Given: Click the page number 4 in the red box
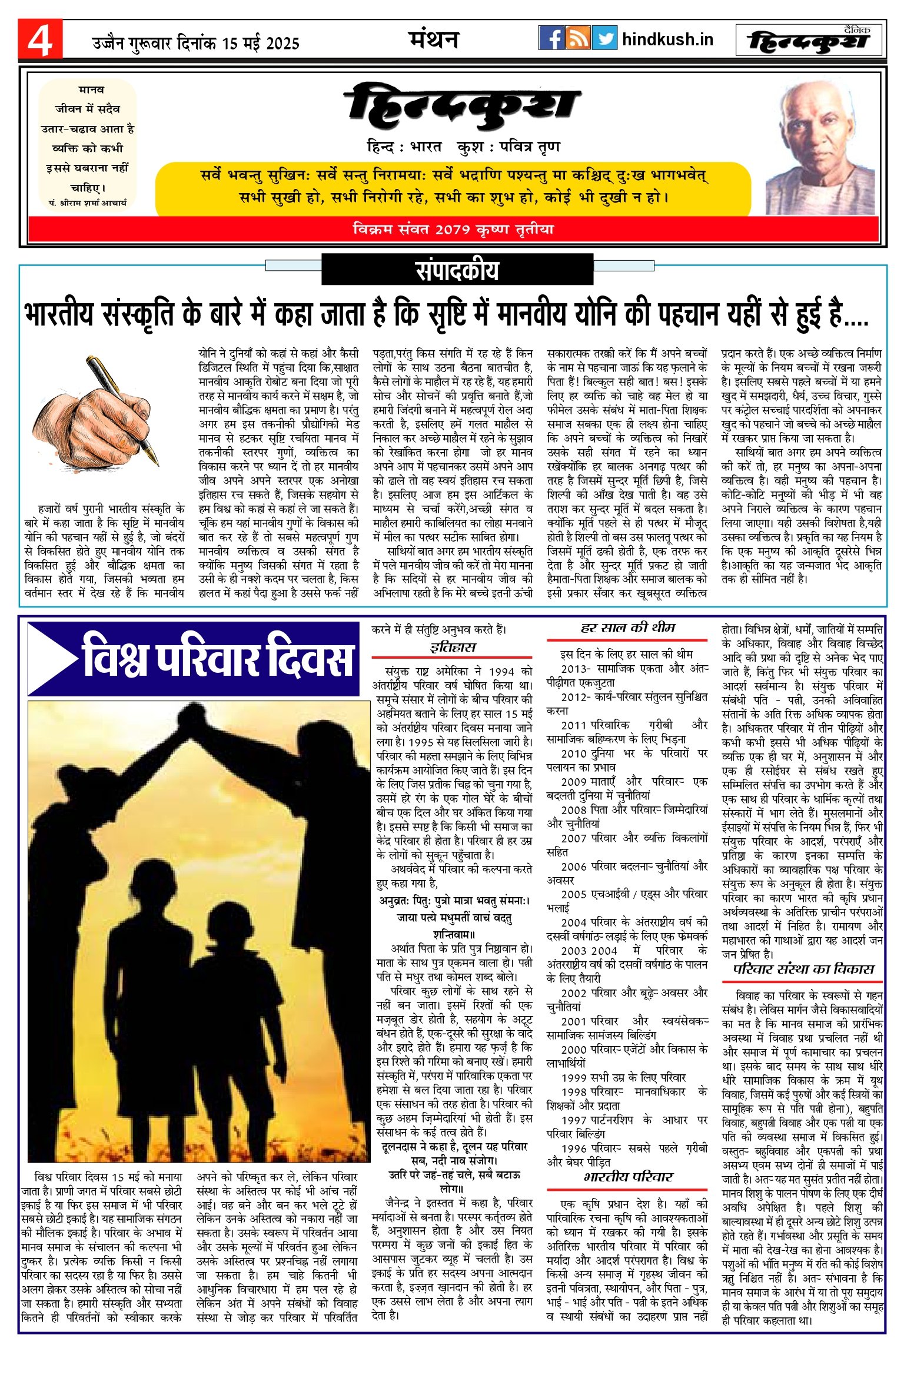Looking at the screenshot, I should (40, 40).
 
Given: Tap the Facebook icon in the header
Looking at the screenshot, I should (551, 38).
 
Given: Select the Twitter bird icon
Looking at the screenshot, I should (604, 38).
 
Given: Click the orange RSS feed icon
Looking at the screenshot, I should (578, 38).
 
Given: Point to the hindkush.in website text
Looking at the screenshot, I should (667, 39).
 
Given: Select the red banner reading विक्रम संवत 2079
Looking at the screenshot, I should (453, 229).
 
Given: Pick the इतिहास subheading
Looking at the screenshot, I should (452, 648).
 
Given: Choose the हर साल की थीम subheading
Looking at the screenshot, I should (627, 628).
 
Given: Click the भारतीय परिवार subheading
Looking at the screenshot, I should (627, 1177).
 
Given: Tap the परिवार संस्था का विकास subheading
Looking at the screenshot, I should (803, 969).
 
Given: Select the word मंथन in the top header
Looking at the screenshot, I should (434, 39).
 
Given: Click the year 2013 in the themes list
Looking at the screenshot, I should (574, 669).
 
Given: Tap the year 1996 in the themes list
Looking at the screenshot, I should (574, 1148).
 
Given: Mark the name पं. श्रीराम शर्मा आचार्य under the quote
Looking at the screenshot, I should (88, 202).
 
